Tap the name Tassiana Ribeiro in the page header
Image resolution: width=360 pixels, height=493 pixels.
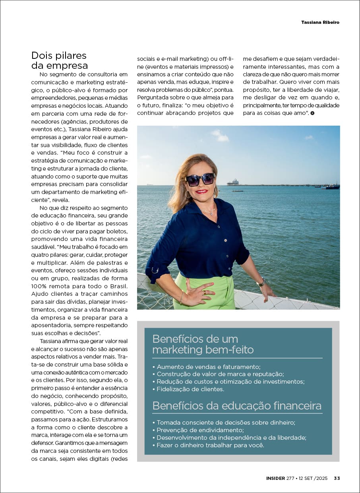(x=320, y=22)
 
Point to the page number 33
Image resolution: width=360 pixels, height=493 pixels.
(x=337, y=478)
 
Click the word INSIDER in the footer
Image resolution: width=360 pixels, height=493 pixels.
(x=275, y=478)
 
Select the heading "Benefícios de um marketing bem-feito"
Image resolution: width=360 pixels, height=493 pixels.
(x=203, y=344)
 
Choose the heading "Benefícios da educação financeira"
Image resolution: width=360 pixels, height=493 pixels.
(x=237, y=406)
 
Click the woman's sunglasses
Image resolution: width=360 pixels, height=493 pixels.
(x=200, y=179)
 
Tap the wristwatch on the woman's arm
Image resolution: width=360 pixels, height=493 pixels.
(x=261, y=283)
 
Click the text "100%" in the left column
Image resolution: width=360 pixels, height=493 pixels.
(x=39, y=286)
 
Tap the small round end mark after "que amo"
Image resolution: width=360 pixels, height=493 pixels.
(x=313, y=114)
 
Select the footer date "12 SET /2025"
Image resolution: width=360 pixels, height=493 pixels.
(x=312, y=478)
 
